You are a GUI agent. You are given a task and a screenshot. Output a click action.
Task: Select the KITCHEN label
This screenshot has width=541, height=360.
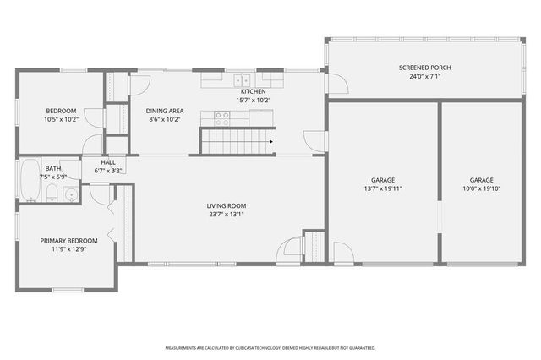tap(254, 91)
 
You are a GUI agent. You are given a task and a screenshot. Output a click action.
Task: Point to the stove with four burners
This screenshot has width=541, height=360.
tap(221, 117)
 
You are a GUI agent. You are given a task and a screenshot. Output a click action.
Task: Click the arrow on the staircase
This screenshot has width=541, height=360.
tap(270, 142)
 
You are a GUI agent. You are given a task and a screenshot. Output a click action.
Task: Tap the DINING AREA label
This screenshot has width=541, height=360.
tap(165, 110)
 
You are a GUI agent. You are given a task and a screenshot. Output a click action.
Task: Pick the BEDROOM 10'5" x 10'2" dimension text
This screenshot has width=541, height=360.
tap(61, 119)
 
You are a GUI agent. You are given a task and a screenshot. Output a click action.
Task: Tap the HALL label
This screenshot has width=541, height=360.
tap(108, 162)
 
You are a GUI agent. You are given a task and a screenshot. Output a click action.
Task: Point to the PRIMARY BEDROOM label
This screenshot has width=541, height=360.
tap(69, 241)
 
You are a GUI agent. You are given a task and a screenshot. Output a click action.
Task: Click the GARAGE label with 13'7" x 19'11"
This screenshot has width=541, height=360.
tap(383, 179)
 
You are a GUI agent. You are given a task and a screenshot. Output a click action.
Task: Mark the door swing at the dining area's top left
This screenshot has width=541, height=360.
tap(139, 83)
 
